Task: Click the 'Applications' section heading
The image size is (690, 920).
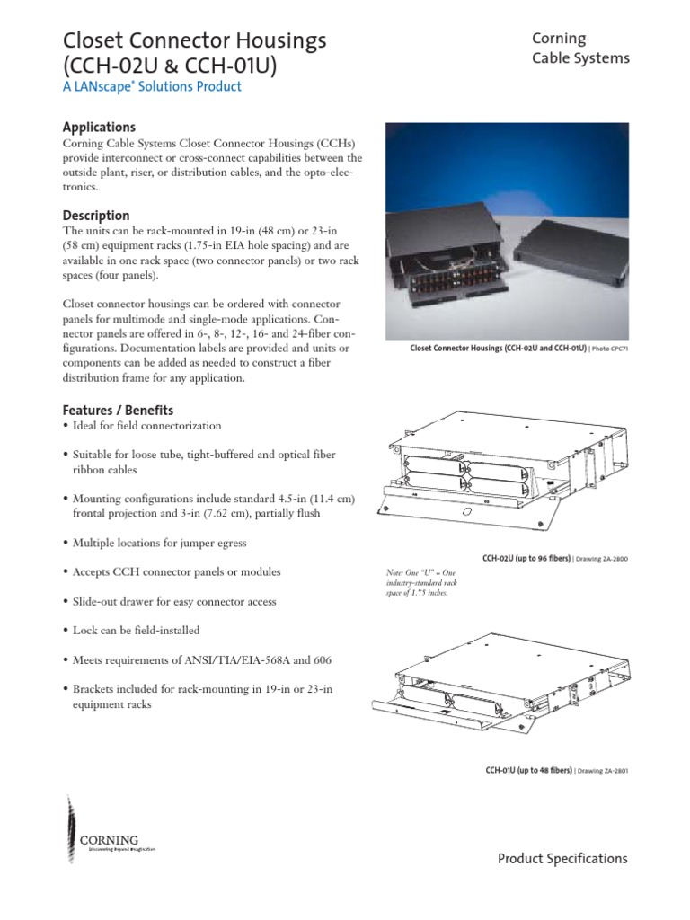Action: (99, 128)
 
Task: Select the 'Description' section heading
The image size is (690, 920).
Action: (96, 216)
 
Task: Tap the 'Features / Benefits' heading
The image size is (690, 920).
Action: (118, 410)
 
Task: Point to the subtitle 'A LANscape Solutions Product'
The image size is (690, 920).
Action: (152, 86)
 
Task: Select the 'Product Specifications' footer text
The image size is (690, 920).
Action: (562, 859)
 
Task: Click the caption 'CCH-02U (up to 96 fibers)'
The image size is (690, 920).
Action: (526, 559)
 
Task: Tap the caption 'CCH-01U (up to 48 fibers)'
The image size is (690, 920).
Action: (526, 771)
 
